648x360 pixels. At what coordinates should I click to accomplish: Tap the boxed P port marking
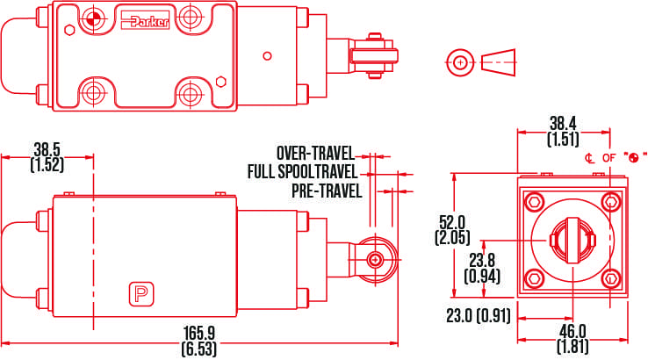[139, 293]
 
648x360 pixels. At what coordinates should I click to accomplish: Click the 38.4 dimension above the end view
[564, 124]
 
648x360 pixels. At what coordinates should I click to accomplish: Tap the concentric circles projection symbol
[457, 61]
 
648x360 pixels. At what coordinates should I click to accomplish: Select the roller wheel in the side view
[376, 259]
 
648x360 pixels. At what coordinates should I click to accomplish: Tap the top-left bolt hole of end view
[533, 203]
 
